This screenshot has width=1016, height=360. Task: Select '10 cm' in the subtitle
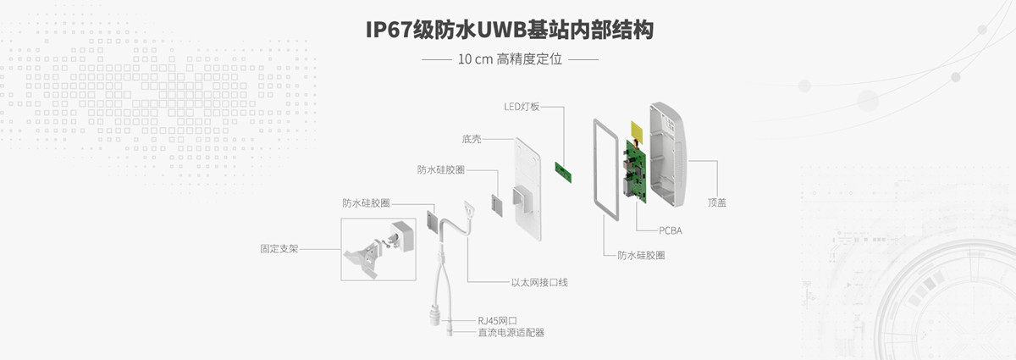coord(475,60)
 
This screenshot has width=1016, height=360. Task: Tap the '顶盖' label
coord(717,203)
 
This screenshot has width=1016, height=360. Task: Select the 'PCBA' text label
coord(671,230)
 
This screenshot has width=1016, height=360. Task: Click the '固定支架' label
coord(279,250)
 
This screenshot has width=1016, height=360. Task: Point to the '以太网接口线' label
coord(538,281)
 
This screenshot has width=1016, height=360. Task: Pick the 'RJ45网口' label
coord(497,320)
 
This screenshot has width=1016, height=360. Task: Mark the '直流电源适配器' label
coord(511,333)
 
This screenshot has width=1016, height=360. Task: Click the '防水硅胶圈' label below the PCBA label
coord(641,254)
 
